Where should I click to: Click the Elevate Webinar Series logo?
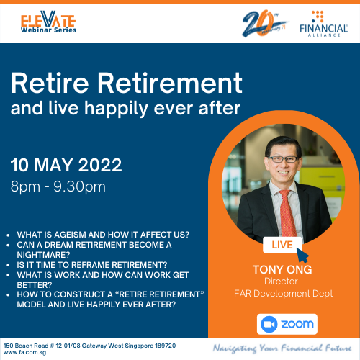coord(48,22)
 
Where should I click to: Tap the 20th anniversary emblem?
coord(265,23)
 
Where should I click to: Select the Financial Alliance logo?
coord(323,24)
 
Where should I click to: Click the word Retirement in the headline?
coord(170,83)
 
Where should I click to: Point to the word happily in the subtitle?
coord(116,109)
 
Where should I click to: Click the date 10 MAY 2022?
coord(66,165)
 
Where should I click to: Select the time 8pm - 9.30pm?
coord(58,186)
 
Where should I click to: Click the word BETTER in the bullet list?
coord(32,285)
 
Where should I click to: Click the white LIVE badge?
coord(282,245)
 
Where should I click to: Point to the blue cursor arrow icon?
coord(302,255)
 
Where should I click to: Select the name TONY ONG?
coord(282,269)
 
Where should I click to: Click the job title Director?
coord(281,282)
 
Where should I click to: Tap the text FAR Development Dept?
coord(284,294)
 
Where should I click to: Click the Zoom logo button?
coord(287,324)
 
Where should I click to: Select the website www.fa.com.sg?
coord(25,353)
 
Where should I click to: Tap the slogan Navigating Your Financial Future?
coord(282,348)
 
